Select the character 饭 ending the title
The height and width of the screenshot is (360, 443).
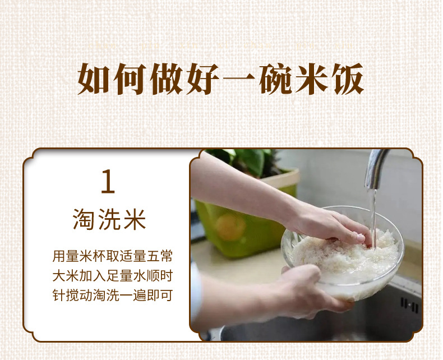click(x=349, y=80)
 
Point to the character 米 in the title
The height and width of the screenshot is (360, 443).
click(x=313, y=80)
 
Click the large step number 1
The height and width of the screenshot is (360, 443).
click(x=108, y=182)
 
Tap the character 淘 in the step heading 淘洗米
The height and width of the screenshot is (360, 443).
click(x=84, y=219)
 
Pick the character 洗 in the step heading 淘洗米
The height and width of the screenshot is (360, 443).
click(x=109, y=219)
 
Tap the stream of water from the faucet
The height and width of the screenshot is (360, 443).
click(x=372, y=216)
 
